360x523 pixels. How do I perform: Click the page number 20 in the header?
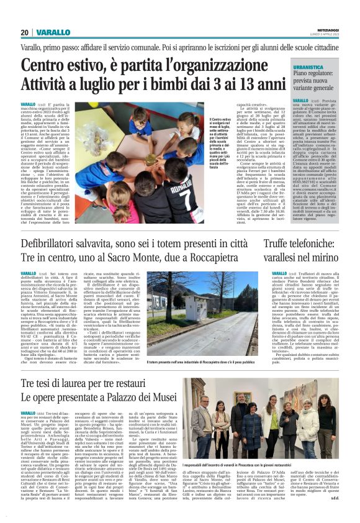24,32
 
